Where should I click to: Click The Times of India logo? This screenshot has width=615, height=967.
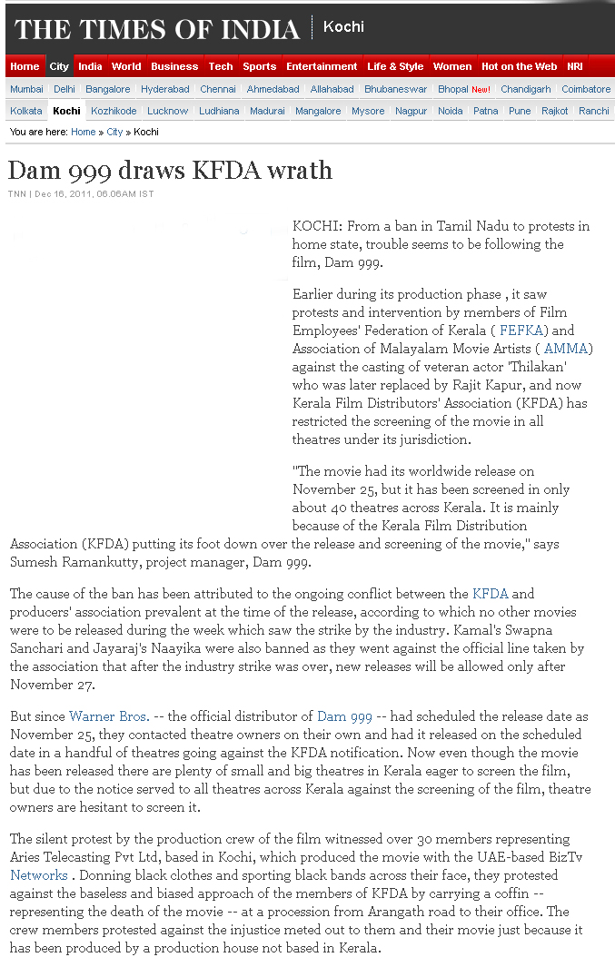click(157, 29)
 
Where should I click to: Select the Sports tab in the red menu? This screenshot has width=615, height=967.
click(259, 66)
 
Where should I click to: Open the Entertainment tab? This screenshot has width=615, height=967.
click(322, 66)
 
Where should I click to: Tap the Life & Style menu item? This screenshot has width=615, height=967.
click(395, 66)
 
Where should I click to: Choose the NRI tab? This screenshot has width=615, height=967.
click(575, 66)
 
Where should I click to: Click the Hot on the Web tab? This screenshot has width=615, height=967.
click(519, 66)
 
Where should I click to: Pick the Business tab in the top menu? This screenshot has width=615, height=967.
click(174, 66)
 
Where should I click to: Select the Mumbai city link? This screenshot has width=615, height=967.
click(26, 89)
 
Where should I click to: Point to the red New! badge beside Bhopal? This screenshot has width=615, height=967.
click(481, 90)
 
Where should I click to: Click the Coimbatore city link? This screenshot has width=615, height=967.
click(586, 89)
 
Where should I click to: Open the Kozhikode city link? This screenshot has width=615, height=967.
click(114, 111)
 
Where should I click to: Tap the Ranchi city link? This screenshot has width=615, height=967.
click(594, 111)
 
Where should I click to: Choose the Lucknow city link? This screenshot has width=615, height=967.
click(167, 111)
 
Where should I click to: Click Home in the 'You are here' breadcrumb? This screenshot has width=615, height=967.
click(83, 132)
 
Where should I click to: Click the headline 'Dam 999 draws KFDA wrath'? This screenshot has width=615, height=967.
click(170, 170)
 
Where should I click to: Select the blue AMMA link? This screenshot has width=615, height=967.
click(566, 349)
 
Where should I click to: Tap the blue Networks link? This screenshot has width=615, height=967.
click(39, 875)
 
